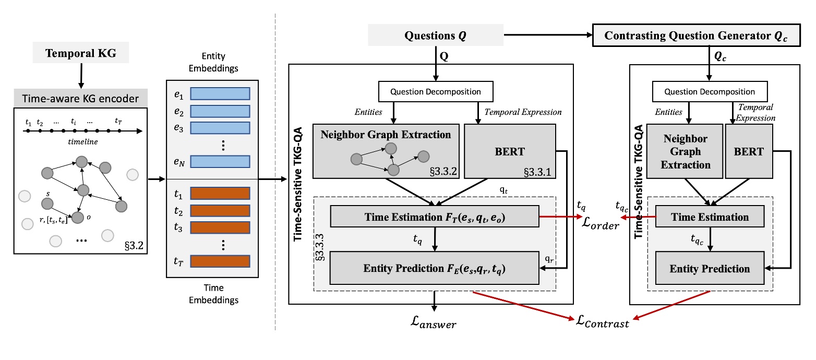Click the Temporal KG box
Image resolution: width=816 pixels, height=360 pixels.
click(80, 53)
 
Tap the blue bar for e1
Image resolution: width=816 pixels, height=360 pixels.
click(220, 93)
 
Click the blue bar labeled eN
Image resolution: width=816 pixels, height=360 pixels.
click(220, 162)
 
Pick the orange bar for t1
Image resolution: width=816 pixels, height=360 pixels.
click(220, 193)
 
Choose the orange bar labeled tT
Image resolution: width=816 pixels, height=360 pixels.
click(220, 261)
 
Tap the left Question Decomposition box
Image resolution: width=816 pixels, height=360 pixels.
click(436, 92)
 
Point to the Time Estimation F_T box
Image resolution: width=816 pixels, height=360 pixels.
click(434, 216)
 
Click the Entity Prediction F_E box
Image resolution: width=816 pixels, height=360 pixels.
click(434, 269)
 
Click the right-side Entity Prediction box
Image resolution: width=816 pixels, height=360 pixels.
click(710, 269)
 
